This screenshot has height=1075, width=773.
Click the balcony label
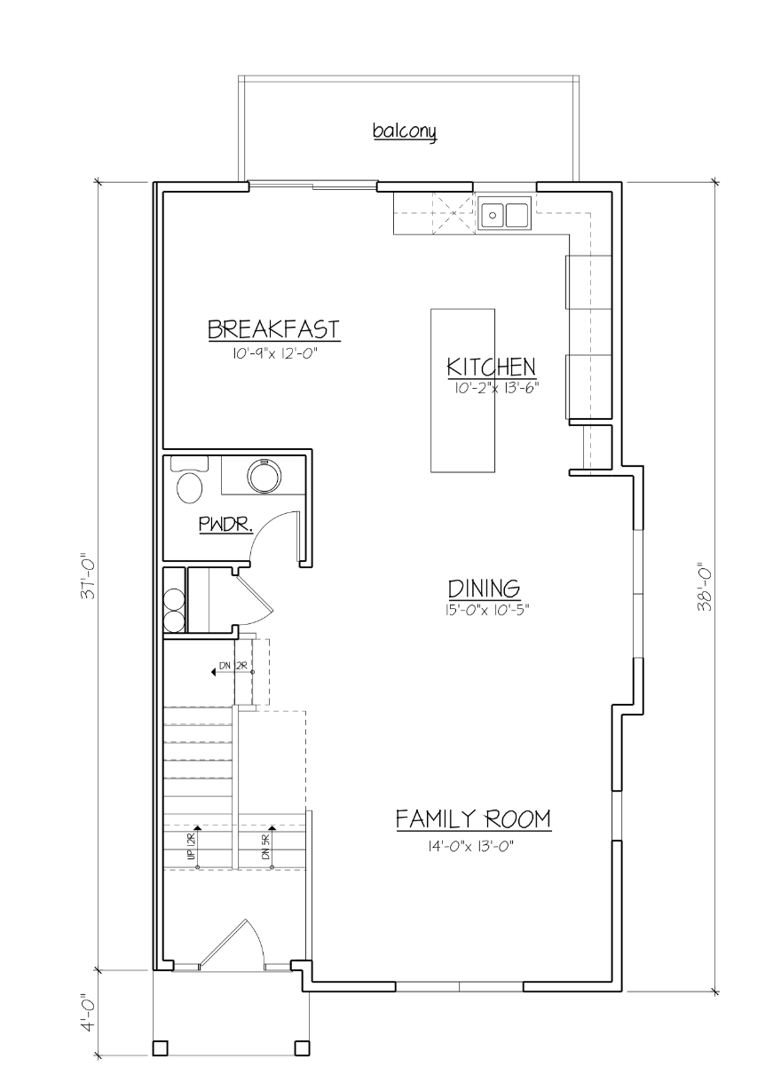405,131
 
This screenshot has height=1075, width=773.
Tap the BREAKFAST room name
273,329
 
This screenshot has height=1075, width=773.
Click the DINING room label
483,589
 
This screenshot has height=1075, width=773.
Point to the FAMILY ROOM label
472,818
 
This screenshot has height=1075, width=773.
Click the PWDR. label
225,526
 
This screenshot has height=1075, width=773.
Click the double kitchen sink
504,215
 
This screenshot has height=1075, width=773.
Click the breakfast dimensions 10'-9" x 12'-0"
272,353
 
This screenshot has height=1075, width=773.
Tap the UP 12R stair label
191,847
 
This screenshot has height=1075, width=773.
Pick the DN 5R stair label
265,847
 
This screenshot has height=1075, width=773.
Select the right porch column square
302,1047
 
